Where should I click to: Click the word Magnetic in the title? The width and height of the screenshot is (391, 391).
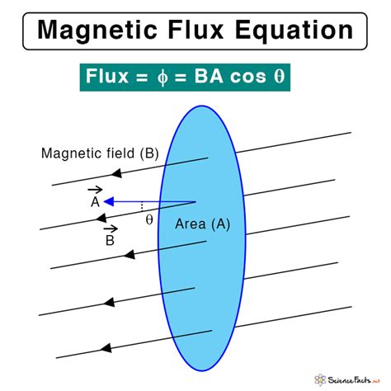pyautogui.click(x=97, y=31)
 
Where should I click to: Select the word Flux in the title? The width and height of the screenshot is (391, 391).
pyautogui.click(x=195, y=29)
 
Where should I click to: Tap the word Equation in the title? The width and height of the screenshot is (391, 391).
pyautogui.click(x=294, y=31)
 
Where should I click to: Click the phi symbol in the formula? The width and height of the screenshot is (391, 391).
pyautogui.click(x=163, y=77)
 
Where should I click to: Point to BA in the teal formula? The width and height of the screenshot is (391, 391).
pyautogui.click(x=209, y=76)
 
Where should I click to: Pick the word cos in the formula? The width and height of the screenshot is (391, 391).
pyautogui.click(x=248, y=77)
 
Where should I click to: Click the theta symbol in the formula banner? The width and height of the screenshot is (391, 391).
pyautogui.click(x=279, y=76)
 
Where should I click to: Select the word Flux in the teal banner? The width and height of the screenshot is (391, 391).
pyautogui.click(x=107, y=76)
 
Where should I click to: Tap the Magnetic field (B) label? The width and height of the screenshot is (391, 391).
pyautogui.click(x=100, y=153)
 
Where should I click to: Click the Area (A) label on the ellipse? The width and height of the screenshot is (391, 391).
pyautogui.click(x=202, y=224)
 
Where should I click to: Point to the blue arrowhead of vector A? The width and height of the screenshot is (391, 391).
pyautogui.click(x=108, y=202)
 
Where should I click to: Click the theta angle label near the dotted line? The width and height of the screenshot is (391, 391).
pyautogui.click(x=149, y=219)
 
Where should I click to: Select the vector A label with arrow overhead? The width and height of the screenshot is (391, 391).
pyautogui.click(x=95, y=197)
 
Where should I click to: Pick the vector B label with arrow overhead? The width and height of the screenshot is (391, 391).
pyautogui.click(x=111, y=236)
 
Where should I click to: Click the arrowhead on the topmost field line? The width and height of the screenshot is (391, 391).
pyautogui.click(x=116, y=173)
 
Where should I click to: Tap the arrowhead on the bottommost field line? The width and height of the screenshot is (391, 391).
pyautogui.click(x=106, y=348)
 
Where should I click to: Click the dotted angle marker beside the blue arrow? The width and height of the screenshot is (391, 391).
pyautogui.click(x=142, y=206)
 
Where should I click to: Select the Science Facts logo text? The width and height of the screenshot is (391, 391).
pyautogui.click(x=354, y=380)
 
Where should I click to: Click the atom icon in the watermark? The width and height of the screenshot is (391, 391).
pyautogui.click(x=320, y=379)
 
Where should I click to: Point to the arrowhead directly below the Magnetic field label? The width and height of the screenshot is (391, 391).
pyautogui.click(x=116, y=173)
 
